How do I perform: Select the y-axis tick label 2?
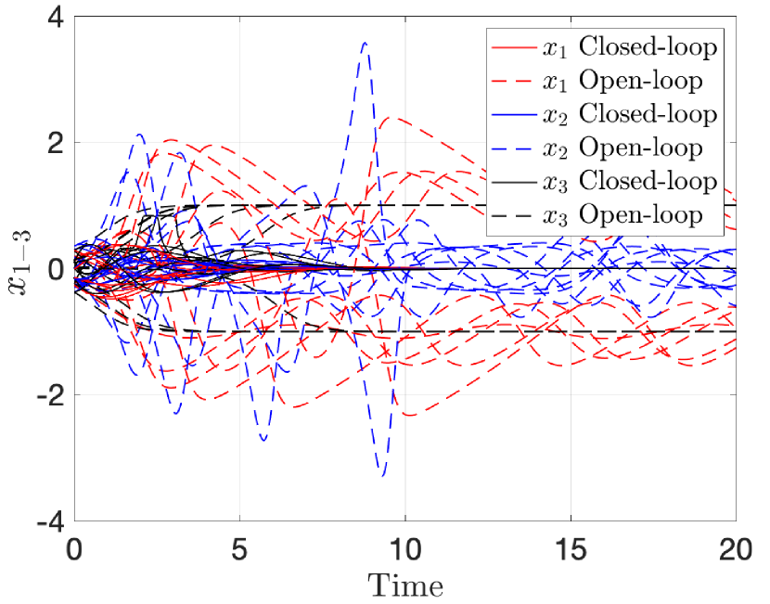[50, 144]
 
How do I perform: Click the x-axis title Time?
[405, 585]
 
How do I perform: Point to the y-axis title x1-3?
[19, 270]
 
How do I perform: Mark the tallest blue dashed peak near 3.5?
[366, 43]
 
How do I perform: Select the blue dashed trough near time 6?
[264, 439]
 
